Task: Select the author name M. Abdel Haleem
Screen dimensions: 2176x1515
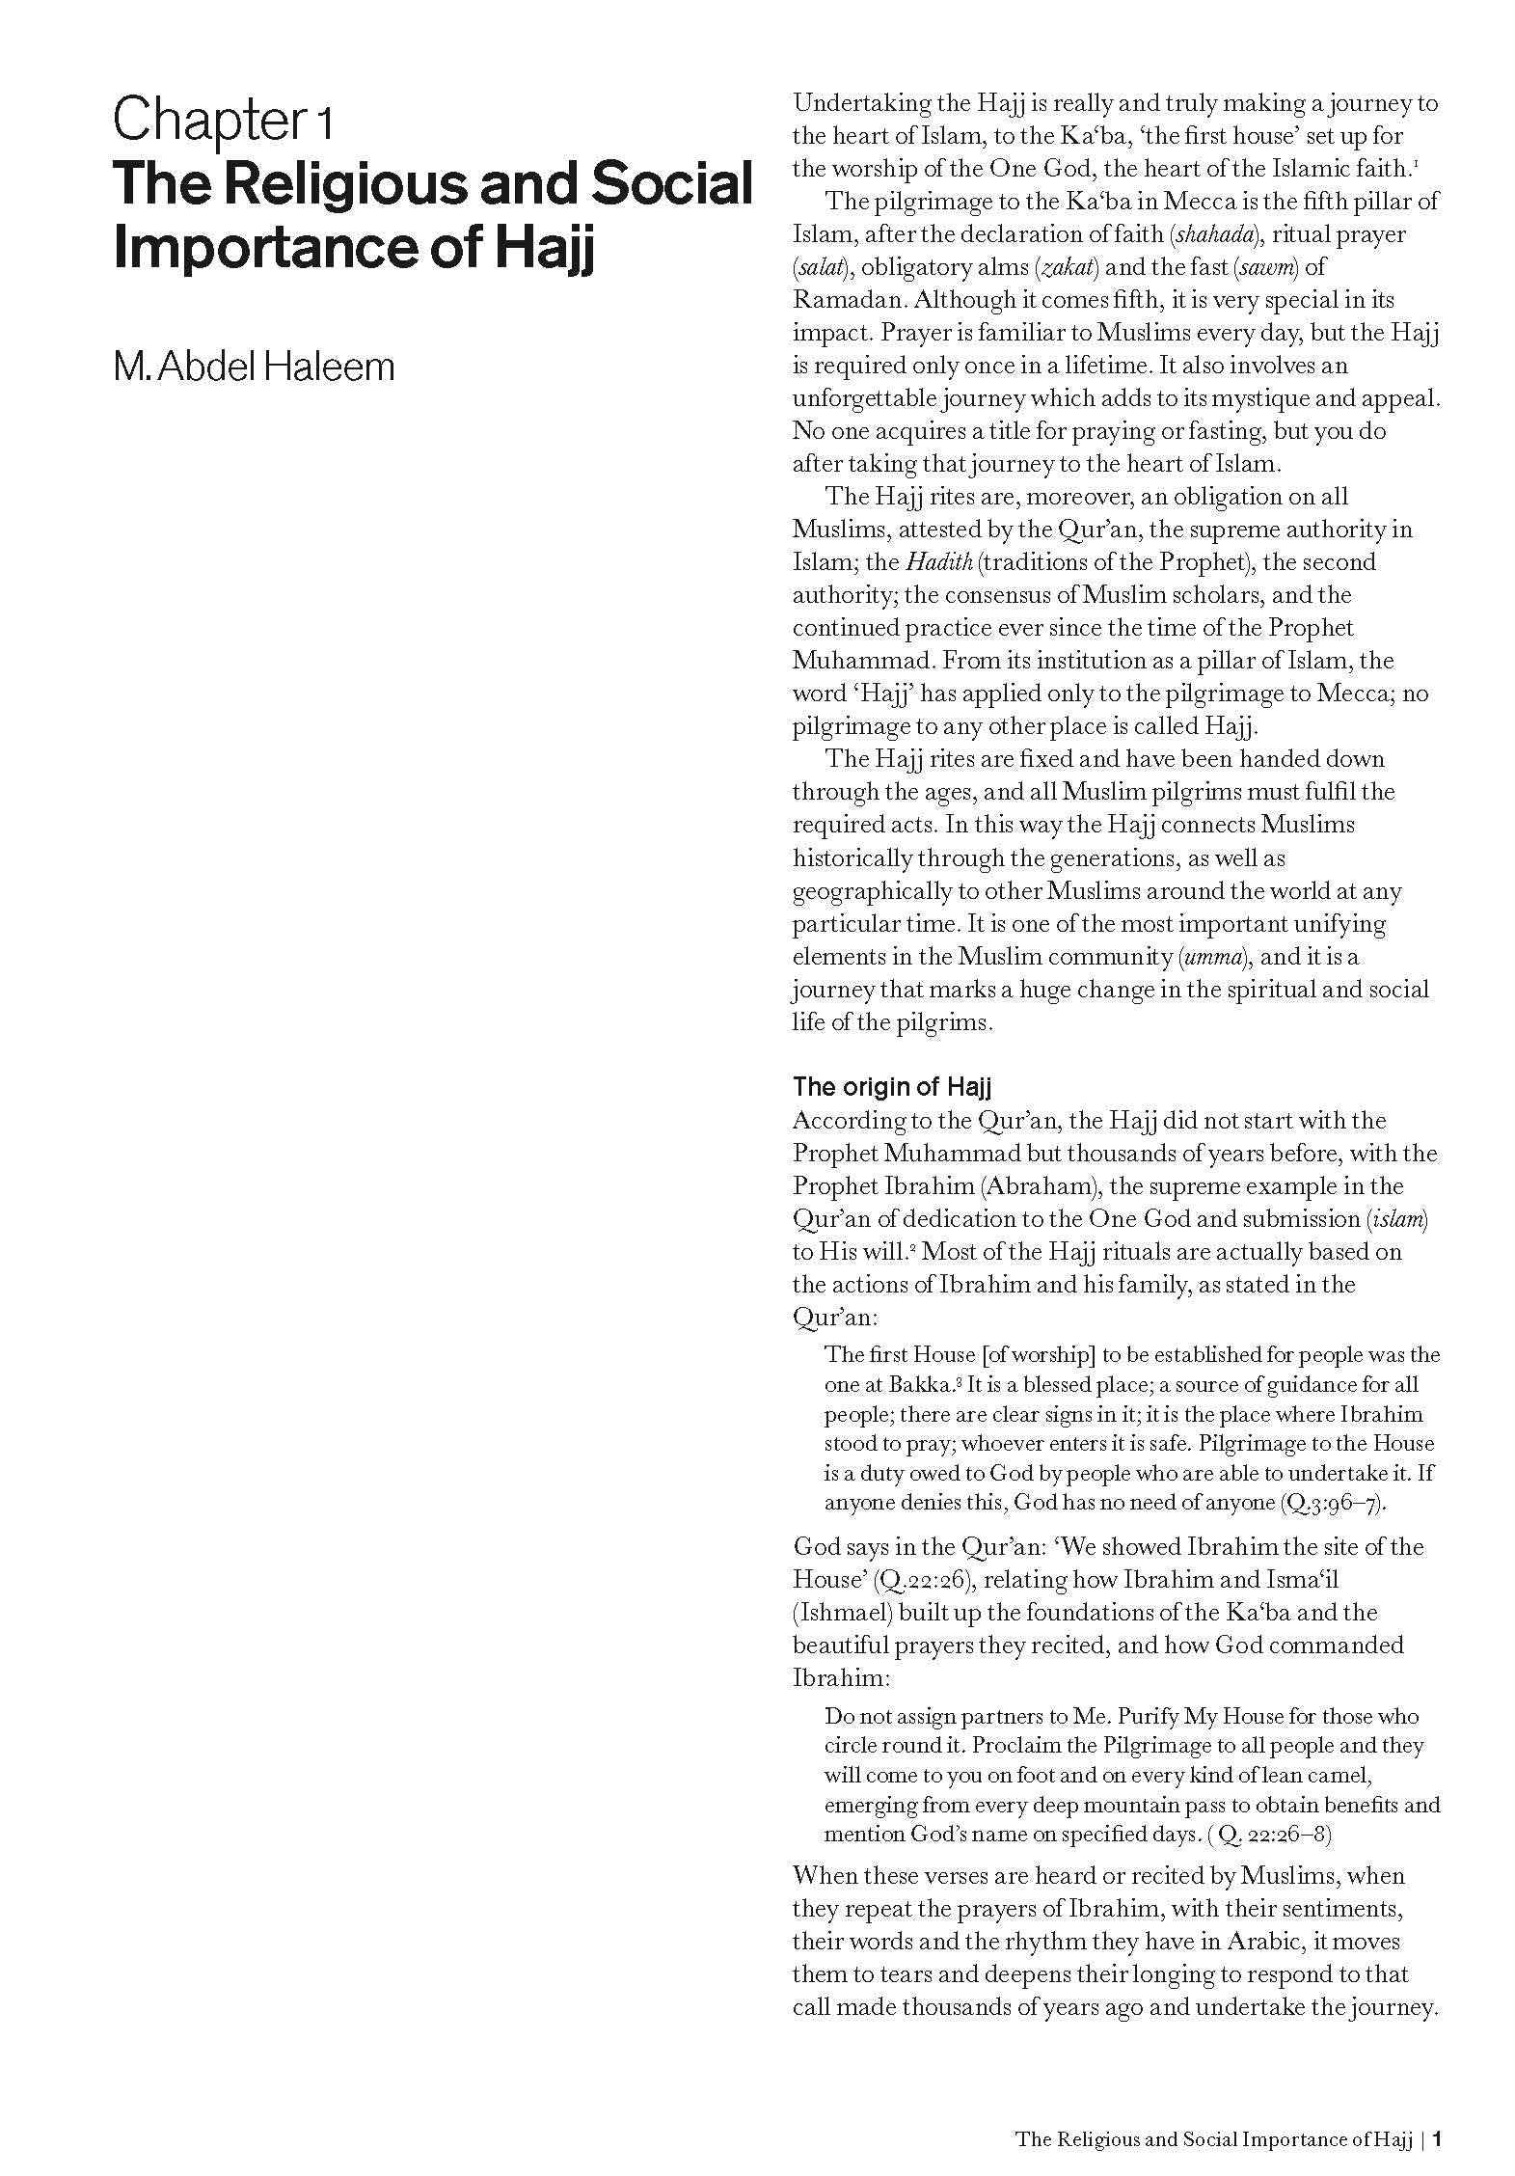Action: [254, 367]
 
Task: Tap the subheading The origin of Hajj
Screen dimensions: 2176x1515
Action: [891, 1087]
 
